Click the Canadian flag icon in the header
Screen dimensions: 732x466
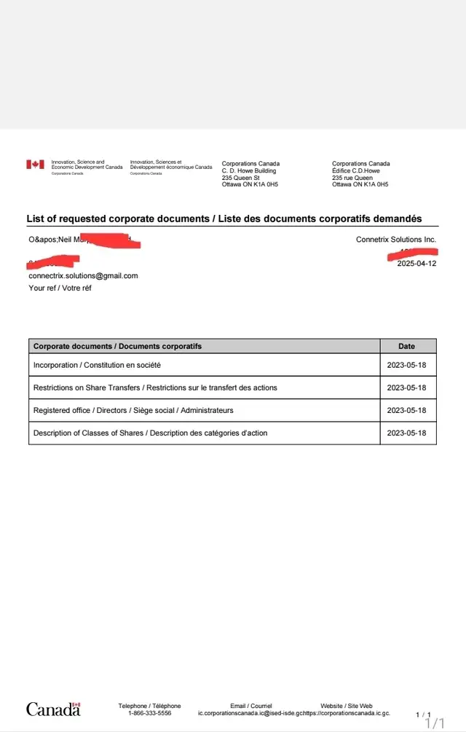35,165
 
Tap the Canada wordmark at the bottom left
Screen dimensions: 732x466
53,709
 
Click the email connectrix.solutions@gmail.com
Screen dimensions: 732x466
83,276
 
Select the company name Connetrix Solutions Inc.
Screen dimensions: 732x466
396,240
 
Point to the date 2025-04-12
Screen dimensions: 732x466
416,264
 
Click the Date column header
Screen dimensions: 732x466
408,346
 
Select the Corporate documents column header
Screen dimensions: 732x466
117,346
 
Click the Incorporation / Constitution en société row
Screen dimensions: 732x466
97,365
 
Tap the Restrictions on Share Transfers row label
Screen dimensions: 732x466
155,387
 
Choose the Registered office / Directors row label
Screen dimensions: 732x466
133,410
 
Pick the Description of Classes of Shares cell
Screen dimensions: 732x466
150,433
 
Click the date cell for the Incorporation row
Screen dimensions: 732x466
407,365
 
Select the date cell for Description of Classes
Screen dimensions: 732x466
407,433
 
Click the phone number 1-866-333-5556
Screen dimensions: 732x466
149,714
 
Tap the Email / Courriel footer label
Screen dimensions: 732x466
250,706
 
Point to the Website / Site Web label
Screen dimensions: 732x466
347,706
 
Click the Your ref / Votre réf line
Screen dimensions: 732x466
60,288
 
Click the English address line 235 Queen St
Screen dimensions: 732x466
240,178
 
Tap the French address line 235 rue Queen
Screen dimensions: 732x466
352,178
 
